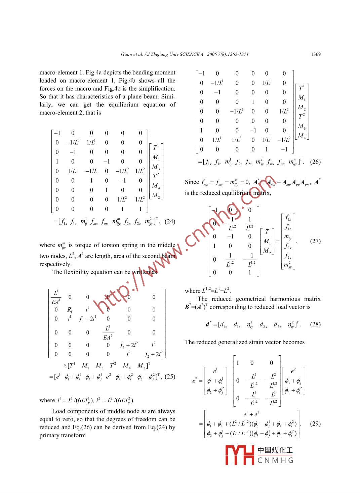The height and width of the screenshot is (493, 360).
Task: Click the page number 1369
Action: (x=316, y=54)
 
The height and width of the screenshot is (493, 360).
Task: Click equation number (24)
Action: (x=170, y=221)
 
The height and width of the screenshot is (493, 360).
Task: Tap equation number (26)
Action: (x=315, y=162)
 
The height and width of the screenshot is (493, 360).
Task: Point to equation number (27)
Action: (x=315, y=241)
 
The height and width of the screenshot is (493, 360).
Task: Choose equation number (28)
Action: (x=315, y=324)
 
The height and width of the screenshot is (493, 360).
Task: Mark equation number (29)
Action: (x=315, y=423)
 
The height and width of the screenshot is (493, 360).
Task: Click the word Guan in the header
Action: (x=126, y=54)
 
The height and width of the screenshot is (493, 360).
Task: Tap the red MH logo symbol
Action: (x=239, y=455)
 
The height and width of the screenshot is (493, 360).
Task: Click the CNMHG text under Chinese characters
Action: (x=275, y=460)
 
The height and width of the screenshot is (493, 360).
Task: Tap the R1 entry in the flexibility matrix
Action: (x=70, y=310)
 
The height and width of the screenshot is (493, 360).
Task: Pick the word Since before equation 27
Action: (x=192, y=182)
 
